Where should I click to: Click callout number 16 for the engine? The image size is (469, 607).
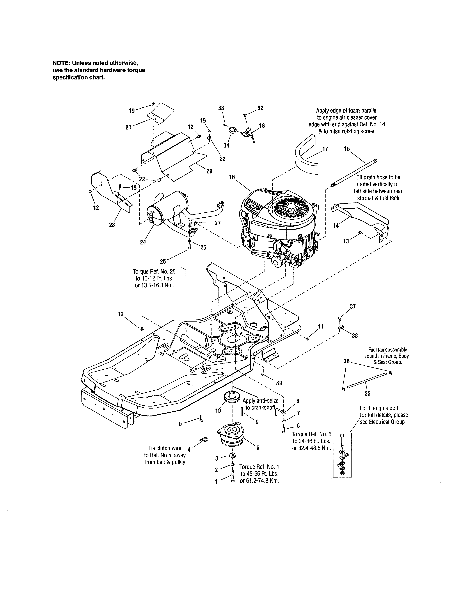click(x=232, y=177)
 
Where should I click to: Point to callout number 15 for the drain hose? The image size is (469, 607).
click(x=347, y=149)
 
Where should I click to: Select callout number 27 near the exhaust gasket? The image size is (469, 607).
click(x=218, y=223)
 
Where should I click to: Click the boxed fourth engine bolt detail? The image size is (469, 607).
click(x=342, y=455)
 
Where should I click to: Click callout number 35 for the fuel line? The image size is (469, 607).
click(x=367, y=394)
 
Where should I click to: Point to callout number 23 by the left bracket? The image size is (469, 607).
click(x=112, y=225)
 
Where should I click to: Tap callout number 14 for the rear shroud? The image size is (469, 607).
click(x=336, y=225)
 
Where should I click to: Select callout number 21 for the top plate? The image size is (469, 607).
click(x=128, y=127)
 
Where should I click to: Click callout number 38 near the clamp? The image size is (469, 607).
click(x=355, y=336)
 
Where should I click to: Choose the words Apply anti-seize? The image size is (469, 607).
click(x=260, y=401)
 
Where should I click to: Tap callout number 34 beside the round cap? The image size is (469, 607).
click(x=226, y=145)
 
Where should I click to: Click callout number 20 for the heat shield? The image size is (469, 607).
click(x=209, y=171)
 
